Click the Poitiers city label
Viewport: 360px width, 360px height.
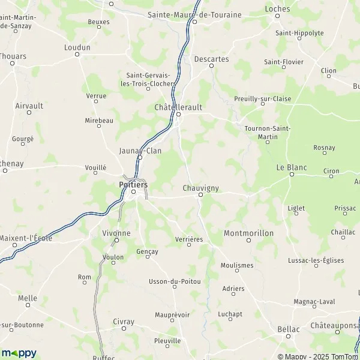pos(133,185)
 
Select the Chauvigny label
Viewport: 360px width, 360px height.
pos(200,188)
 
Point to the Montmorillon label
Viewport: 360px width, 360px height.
pos(248,232)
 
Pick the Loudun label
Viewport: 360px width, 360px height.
pos(77,47)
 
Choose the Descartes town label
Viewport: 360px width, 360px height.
pos(211,59)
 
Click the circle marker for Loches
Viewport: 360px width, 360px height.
pos(277,16)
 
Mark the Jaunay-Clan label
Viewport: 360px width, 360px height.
pos(140,151)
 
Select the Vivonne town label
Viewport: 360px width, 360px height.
pos(116,233)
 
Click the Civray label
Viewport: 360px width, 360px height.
pos(124,322)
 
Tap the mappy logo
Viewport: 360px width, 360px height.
pos(19,353)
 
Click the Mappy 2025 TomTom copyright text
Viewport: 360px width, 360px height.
pos(316,356)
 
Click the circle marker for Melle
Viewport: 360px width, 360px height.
pos(28,305)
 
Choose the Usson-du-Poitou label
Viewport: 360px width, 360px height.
pos(174,281)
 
